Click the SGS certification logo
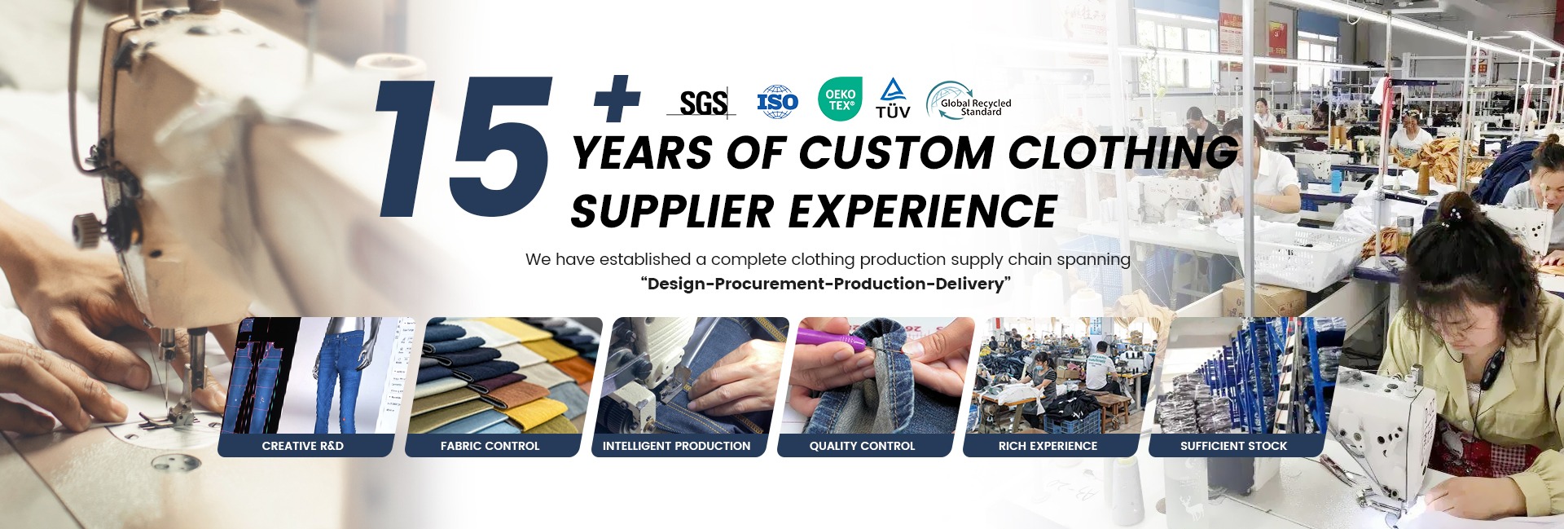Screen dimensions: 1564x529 (702, 103)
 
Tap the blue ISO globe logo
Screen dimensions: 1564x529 (777, 102)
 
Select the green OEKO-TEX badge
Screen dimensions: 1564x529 (840, 99)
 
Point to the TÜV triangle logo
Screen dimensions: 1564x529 (894, 99)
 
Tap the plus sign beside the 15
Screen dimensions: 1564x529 (617, 99)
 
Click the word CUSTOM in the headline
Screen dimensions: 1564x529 (895, 152)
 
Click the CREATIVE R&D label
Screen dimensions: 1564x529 (303, 446)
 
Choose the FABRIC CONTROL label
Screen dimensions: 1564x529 (490, 446)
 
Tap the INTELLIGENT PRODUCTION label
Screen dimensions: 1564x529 (676, 446)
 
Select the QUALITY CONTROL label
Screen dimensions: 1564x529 (862, 446)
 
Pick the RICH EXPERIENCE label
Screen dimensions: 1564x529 (1048, 446)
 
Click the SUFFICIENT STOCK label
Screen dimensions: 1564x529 (1233, 446)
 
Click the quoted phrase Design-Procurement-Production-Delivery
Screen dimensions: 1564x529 (826, 284)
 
